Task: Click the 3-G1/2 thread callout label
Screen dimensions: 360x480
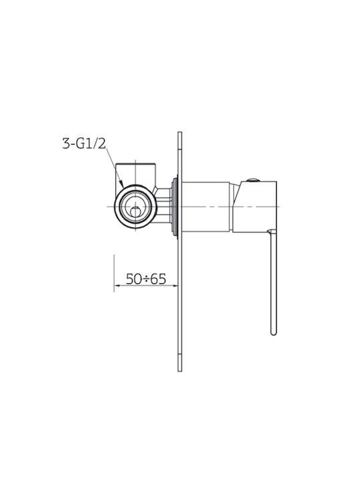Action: pyautogui.click(x=84, y=143)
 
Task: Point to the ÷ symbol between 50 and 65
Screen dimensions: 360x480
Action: pyautogui.click(x=146, y=279)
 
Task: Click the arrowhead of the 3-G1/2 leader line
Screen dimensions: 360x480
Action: pyautogui.click(x=121, y=184)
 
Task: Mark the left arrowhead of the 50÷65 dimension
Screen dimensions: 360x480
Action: pyautogui.click(x=117, y=285)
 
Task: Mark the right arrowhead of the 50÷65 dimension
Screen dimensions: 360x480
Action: pyautogui.click(x=175, y=285)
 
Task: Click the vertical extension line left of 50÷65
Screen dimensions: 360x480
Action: pyautogui.click(x=114, y=273)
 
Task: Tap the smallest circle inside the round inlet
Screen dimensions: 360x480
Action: pyautogui.click(x=135, y=212)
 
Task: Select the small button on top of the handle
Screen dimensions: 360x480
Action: pyautogui.click(x=253, y=180)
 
